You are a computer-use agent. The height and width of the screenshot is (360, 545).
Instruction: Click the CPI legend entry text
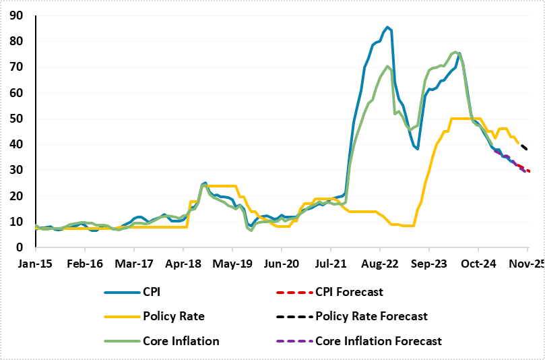tap(152, 292)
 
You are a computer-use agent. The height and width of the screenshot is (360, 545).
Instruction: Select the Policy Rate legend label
tap(173, 316)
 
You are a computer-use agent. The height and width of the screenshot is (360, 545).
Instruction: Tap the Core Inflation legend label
tap(181, 341)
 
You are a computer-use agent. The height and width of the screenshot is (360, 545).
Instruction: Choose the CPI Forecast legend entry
tap(349, 292)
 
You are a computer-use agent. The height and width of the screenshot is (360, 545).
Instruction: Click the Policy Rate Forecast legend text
tap(371, 316)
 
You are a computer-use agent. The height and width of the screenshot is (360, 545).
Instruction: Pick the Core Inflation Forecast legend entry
tap(379, 341)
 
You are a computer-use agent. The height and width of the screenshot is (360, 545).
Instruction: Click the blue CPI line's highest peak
tap(389, 28)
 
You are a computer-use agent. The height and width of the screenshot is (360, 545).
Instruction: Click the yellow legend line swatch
tap(121, 317)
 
